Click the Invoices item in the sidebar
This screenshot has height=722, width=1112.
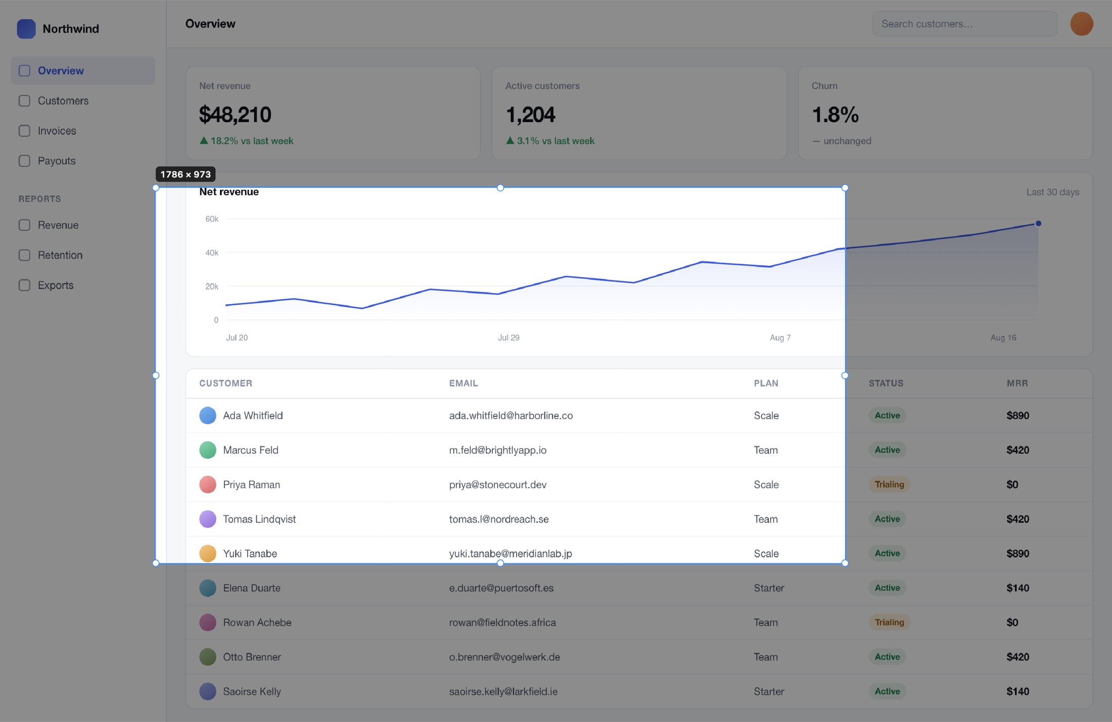pyautogui.click(x=57, y=131)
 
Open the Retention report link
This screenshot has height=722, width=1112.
pyautogui.click(x=60, y=255)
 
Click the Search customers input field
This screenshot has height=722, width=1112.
pyautogui.click(x=964, y=24)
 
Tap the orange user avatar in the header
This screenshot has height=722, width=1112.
pyautogui.click(x=1082, y=24)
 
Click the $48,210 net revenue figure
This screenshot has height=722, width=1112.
pyautogui.click(x=235, y=115)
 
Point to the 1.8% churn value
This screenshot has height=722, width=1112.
pyautogui.click(x=835, y=115)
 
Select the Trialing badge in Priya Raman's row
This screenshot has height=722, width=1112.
pyautogui.click(x=889, y=485)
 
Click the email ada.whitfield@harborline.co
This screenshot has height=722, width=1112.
pyautogui.click(x=511, y=415)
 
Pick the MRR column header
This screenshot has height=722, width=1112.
pyautogui.click(x=1017, y=383)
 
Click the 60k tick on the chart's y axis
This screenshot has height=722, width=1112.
pyautogui.click(x=212, y=219)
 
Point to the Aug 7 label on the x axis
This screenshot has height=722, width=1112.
pyautogui.click(x=780, y=338)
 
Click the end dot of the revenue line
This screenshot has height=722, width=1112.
pyautogui.click(x=1038, y=223)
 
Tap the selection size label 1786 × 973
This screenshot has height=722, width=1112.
pyautogui.click(x=186, y=174)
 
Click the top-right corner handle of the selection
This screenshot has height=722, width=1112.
pyautogui.click(x=845, y=188)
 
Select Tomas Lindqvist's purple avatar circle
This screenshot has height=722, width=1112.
pyautogui.click(x=208, y=519)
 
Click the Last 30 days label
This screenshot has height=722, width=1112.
pyautogui.click(x=1052, y=192)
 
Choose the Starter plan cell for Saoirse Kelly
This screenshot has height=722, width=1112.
pyautogui.click(x=769, y=691)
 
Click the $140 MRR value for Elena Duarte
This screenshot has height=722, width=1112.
pyautogui.click(x=1017, y=588)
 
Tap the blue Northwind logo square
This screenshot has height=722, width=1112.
pyautogui.click(x=26, y=29)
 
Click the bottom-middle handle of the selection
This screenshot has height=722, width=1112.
pyautogui.click(x=500, y=563)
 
